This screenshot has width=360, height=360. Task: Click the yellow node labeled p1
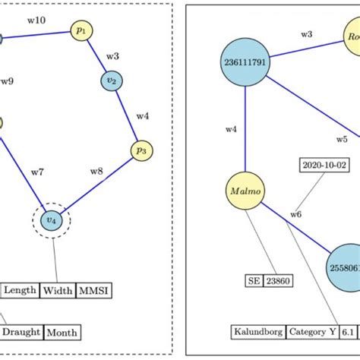[81, 30]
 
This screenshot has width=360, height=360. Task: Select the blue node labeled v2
[112, 81]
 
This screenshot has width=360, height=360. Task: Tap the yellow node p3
[141, 150]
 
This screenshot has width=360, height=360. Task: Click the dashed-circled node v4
[51, 221]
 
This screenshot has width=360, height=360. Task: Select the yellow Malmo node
[245, 192]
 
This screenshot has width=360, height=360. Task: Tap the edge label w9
[7, 81]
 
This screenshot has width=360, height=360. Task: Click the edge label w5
[343, 139]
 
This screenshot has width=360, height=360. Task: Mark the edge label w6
[295, 215]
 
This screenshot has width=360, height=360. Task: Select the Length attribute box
[21, 289]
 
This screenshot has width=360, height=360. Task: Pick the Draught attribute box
[21, 332]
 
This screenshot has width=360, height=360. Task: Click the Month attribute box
[62, 332]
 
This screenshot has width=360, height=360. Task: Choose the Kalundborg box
[259, 332]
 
